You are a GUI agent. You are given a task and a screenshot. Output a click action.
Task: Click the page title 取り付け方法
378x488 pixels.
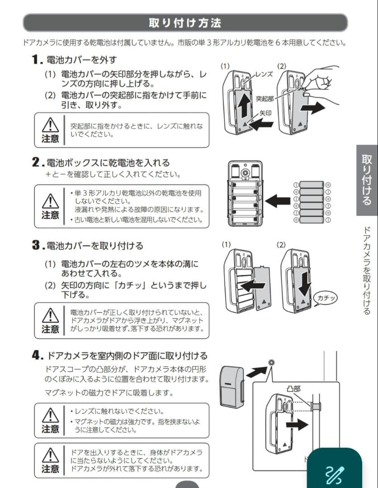185,23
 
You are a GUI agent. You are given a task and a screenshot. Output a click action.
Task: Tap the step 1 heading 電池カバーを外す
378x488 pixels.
82,59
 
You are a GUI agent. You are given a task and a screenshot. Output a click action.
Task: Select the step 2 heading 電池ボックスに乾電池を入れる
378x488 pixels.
108,162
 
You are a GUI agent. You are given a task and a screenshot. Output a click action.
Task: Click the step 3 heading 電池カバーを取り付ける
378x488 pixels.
95,245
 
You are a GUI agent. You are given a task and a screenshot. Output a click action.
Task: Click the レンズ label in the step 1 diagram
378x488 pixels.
264,74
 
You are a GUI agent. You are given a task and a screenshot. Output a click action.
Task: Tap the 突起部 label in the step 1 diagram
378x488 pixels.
264,98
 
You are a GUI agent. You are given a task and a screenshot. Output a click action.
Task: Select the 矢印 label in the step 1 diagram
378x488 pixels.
265,113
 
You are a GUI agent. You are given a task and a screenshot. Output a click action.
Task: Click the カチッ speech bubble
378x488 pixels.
326,298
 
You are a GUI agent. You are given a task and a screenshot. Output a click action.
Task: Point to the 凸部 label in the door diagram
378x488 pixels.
294,389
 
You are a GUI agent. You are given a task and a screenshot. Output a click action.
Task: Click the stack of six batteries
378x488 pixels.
312,202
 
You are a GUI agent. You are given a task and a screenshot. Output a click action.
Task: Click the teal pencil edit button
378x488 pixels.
335,472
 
